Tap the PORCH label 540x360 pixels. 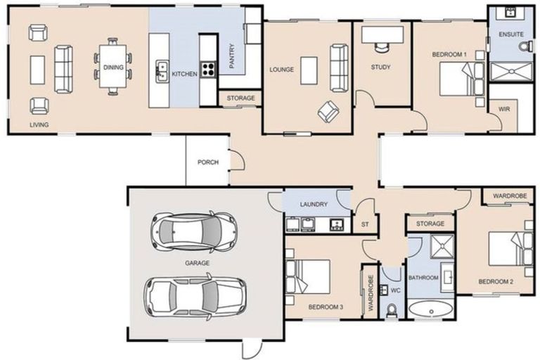(207, 162)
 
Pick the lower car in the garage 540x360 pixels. (195, 296)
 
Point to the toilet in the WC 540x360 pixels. (392, 309)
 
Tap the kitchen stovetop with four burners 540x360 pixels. (209, 69)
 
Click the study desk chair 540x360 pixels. (381, 47)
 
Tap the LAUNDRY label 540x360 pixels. (314, 205)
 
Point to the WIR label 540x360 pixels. (503, 110)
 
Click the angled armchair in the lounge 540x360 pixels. (328, 110)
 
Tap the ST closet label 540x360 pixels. (364, 224)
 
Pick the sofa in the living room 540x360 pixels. (63, 69)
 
